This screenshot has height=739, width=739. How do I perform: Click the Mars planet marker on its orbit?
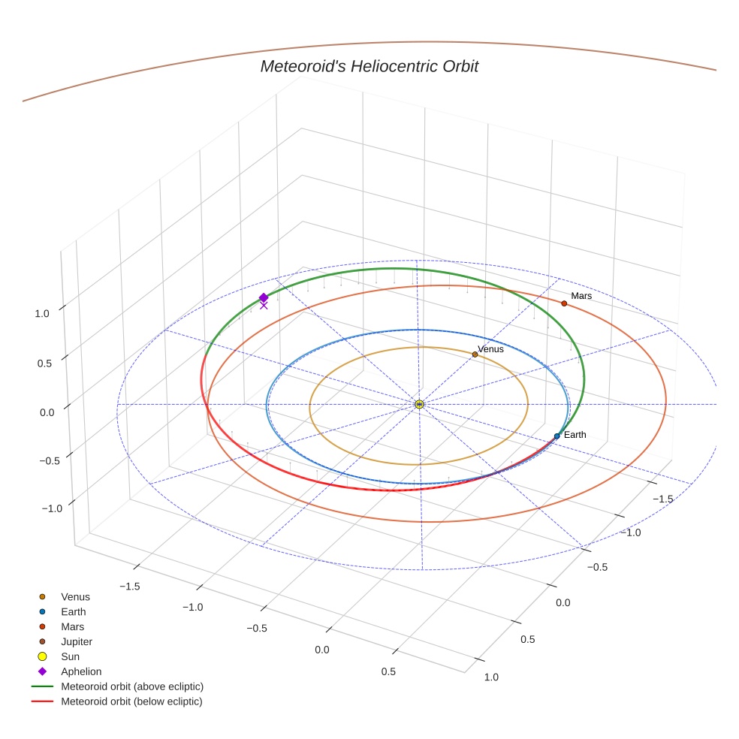[564, 303]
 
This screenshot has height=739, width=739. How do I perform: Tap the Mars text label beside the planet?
[581, 296]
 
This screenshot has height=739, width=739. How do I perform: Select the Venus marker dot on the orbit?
[475, 354]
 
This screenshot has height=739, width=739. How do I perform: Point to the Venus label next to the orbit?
[490, 349]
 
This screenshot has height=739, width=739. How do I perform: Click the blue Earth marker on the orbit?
[557, 436]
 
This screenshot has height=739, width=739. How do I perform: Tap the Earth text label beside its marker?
[575, 435]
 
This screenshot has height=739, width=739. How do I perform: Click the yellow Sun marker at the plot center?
[419, 405]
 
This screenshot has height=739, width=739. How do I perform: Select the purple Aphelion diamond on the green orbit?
[264, 297]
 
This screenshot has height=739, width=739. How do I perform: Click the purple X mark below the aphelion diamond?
[264, 305]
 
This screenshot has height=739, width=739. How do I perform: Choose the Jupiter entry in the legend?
[77, 642]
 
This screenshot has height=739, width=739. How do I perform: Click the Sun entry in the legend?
[70, 657]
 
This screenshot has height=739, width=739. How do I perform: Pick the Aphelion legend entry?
[81, 671]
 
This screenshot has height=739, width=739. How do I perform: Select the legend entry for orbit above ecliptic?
[132, 686]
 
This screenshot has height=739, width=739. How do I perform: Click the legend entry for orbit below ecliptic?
[131, 701]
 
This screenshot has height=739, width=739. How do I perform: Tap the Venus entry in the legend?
[75, 597]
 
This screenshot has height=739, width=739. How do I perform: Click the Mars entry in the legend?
[73, 627]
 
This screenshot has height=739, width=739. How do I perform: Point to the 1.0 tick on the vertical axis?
[43, 314]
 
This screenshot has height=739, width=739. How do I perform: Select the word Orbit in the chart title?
[457, 67]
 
